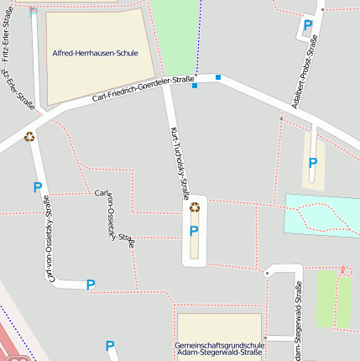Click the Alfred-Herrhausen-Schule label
pos(95,54)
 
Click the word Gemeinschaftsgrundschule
pos(220,346)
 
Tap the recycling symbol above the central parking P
pos(195,207)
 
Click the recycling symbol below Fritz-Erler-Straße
pos(29,136)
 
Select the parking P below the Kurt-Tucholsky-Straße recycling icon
pos(194,231)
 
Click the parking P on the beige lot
pos(313,163)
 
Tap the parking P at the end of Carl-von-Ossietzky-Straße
pos(91,285)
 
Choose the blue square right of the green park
pos(218,78)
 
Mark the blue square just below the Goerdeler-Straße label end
pos(195,86)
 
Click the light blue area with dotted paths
pos(321,213)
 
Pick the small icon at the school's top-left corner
pos(34,12)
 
